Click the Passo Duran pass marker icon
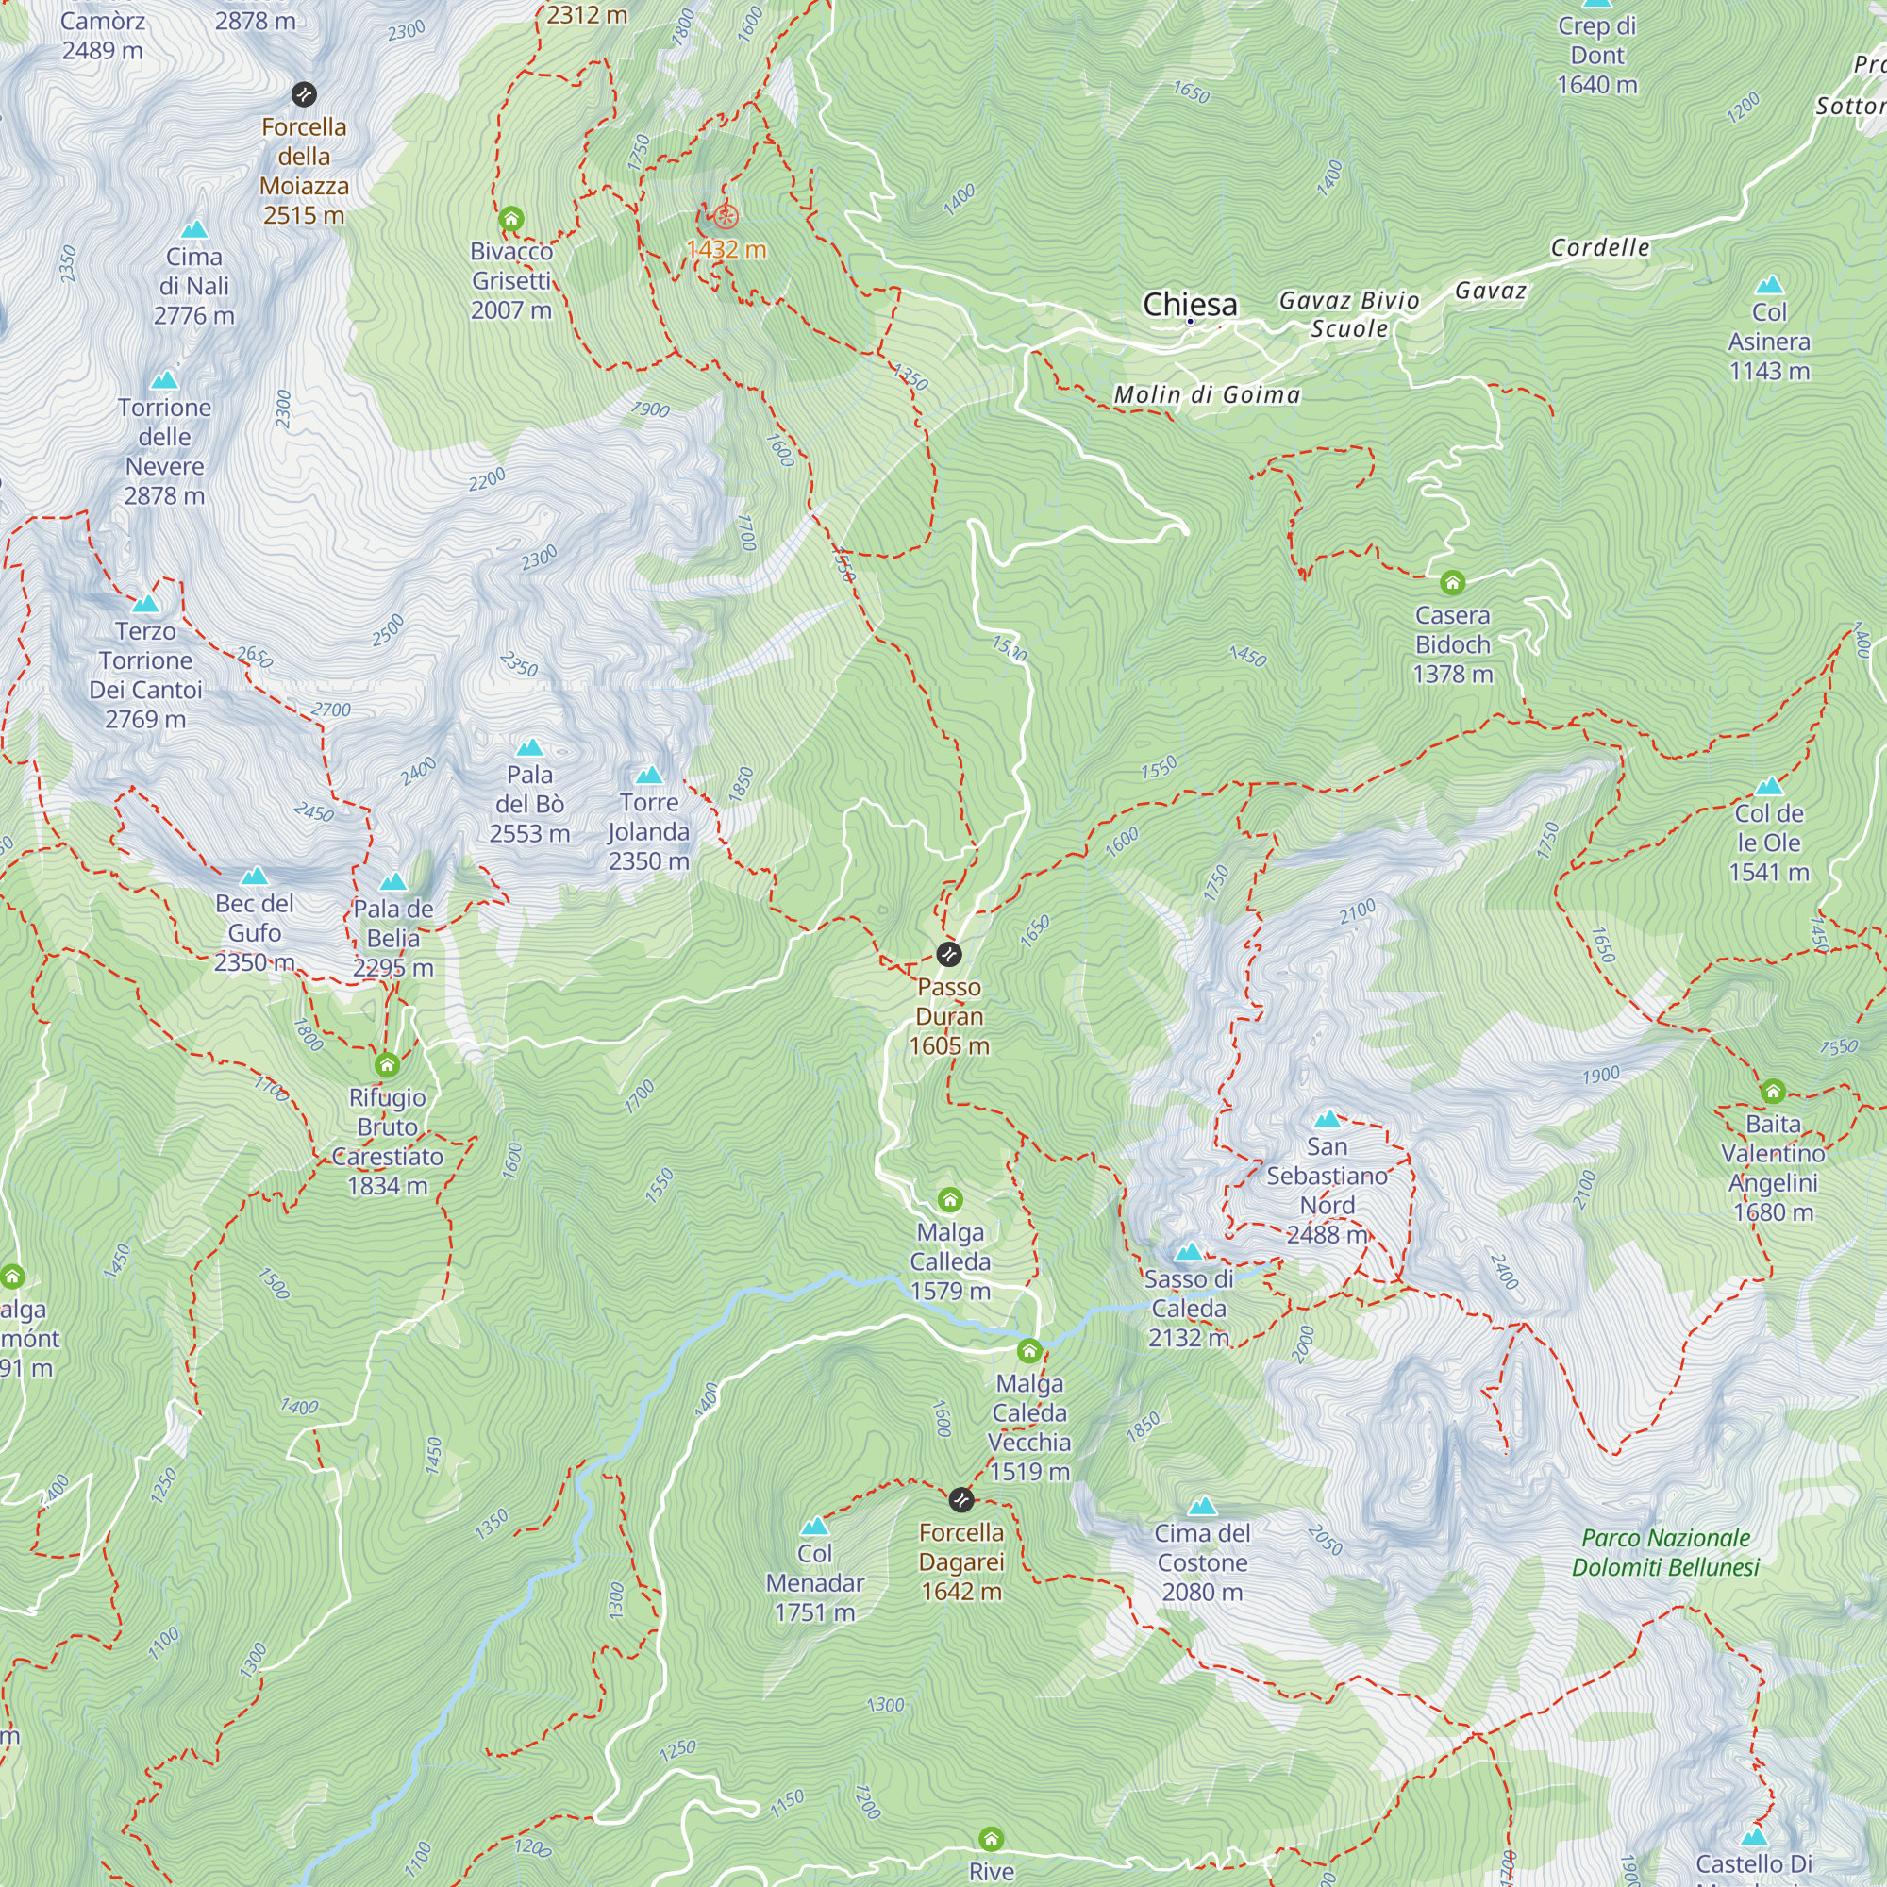948,953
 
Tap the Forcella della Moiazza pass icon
304,93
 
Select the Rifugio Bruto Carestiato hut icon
387,1063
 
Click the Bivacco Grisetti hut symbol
510,219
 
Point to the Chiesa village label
1190,304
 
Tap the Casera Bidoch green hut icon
1452,583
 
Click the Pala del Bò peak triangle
529,748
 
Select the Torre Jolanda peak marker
648,776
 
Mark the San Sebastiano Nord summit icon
1327,1119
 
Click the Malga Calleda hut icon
949,1199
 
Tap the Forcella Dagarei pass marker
961,1499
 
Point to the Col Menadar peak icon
814,1527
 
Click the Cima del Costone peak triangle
1202,1506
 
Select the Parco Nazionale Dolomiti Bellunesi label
1665,1552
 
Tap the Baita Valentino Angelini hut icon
1773,1091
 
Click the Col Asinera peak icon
1769,285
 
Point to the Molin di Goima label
1208,394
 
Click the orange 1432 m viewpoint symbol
725,217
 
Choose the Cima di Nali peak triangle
194,229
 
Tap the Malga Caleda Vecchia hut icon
1029,1351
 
